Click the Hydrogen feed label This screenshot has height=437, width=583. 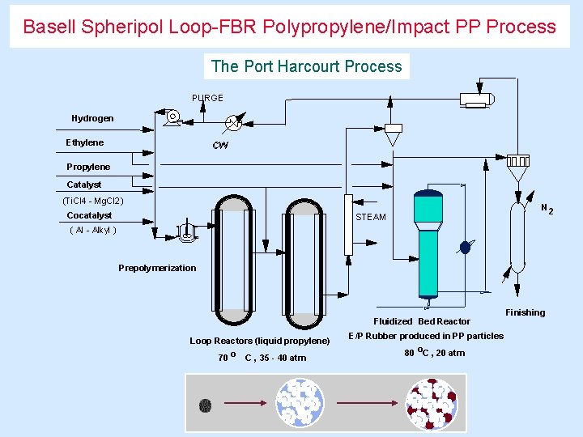pos(92,118)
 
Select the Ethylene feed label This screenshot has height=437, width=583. pos(85,142)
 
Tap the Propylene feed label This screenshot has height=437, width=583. pos(88,167)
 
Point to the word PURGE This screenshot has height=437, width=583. pos(207,98)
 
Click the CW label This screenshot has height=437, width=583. pos(220,146)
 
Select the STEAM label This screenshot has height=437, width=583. pos(371,217)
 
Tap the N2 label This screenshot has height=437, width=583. pos(547,209)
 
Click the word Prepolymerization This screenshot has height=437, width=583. pos(157,268)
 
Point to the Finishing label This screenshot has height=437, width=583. pos(525,312)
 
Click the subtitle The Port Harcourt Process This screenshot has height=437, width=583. pos(306,66)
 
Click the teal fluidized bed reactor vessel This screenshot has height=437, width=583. pos(427,243)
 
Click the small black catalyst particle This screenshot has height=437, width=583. pos(205,403)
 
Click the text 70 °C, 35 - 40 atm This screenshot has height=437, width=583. pos(262,357)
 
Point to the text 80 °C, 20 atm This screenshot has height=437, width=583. pos(434,352)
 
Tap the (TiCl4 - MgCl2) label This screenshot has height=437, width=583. pos(93,200)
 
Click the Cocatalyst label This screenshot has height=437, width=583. pos(89,215)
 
